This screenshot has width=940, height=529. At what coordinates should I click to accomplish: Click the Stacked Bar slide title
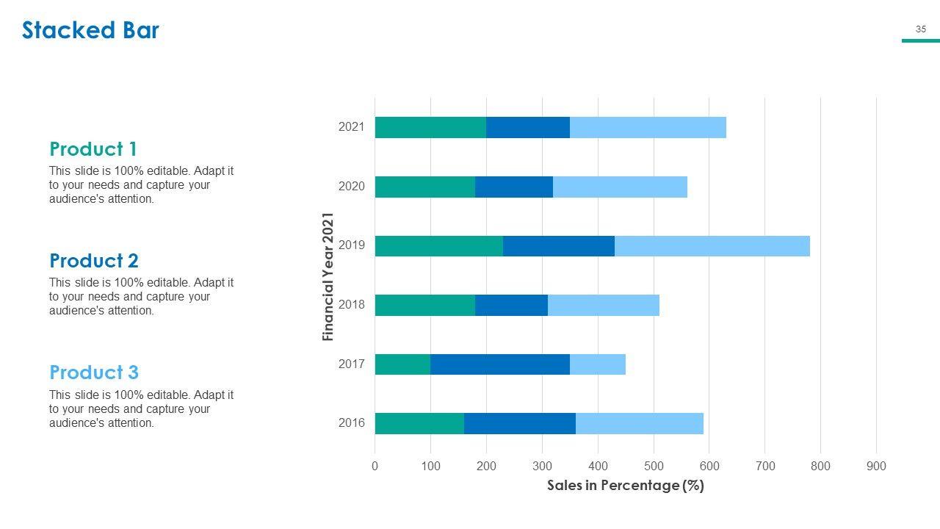pyautogui.click(x=90, y=30)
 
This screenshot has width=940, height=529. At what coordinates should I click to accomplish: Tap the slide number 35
pyautogui.click(x=921, y=29)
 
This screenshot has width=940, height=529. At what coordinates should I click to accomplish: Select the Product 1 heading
pyautogui.click(x=93, y=149)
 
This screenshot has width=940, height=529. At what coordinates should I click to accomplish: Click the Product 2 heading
pyautogui.click(x=94, y=261)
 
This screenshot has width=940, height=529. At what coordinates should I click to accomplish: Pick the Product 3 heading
pyautogui.click(x=94, y=373)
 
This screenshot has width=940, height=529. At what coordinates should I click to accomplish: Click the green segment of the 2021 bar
pyautogui.click(x=430, y=127)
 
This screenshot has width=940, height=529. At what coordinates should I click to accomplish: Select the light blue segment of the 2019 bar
pyautogui.click(x=712, y=246)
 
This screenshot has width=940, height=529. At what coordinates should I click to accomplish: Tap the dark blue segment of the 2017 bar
pyautogui.click(x=500, y=364)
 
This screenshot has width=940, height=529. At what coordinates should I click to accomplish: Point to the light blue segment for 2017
pyautogui.click(x=598, y=364)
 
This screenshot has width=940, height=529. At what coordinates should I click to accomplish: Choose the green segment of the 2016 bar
pyautogui.click(x=419, y=424)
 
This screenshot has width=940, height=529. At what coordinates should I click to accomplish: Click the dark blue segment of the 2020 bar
pyautogui.click(x=514, y=187)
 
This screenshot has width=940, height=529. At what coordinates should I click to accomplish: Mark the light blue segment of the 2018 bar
pyautogui.click(x=604, y=305)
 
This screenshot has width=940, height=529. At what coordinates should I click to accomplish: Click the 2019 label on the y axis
pyautogui.click(x=352, y=245)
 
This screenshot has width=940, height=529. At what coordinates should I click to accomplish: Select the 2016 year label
pyautogui.click(x=352, y=423)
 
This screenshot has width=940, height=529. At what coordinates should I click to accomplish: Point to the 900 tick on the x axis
pyautogui.click(x=876, y=466)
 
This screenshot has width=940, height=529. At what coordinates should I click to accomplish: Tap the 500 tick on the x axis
pyautogui.click(x=654, y=466)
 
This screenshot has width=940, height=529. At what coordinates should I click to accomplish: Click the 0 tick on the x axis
pyautogui.click(x=375, y=466)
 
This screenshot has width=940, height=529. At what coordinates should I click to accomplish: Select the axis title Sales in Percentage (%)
pyautogui.click(x=626, y=486)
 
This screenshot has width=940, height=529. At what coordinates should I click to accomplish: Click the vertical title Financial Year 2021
pyautogui.click(x=328, y=277)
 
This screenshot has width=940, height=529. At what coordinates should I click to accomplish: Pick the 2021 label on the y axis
pyautogui.click(x=352, y=127)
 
